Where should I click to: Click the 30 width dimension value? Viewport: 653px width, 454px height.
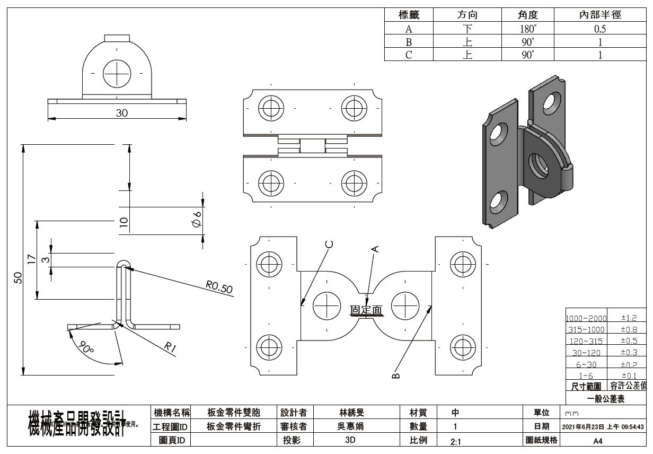point(122,113)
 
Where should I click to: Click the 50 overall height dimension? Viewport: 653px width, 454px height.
point(17,278)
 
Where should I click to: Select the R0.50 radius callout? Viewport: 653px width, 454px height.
point(219,288)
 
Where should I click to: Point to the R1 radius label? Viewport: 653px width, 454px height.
point(170,347)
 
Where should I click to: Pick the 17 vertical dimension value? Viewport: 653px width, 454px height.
point(31,259)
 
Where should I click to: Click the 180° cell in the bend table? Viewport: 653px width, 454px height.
point(528,29)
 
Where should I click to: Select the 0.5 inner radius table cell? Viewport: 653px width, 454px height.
point(600,29)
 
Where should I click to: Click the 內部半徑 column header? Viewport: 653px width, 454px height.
point(600,15)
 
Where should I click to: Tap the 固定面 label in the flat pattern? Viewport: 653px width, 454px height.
point(366,310)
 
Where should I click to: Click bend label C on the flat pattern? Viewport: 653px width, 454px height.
point(330,245)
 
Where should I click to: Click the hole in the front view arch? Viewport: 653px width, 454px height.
point(117,73)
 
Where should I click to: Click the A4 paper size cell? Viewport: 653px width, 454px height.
point(597,440)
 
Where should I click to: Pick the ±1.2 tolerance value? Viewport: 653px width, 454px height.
point(629,318)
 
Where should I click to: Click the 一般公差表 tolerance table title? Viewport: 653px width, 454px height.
point(606,399)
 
